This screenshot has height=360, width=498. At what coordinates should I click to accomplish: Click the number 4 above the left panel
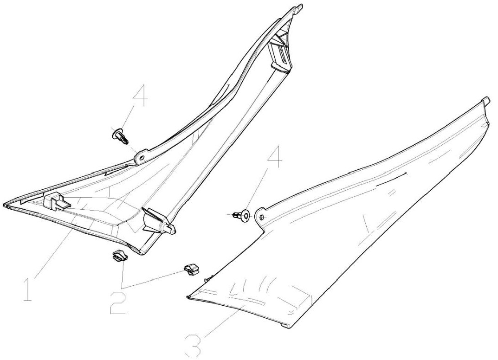point(140,96)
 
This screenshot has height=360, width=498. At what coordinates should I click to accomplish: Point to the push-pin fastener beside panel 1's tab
point(120,137)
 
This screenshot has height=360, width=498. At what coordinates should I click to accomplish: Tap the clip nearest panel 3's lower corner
point(191,269)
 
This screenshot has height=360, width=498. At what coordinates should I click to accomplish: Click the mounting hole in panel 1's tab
point(141,157)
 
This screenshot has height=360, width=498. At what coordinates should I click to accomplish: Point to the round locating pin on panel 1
point(170,228)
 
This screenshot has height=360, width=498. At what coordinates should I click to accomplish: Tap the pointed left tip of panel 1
point(6,205)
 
